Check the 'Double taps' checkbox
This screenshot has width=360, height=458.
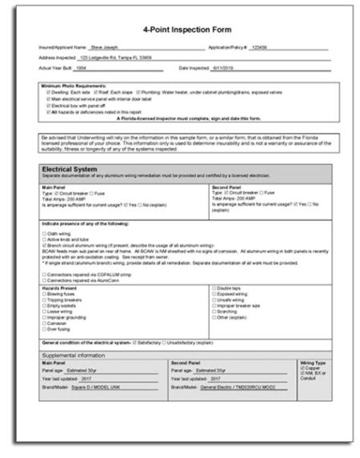point(213,287)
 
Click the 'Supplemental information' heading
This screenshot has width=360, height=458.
point(74,356)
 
